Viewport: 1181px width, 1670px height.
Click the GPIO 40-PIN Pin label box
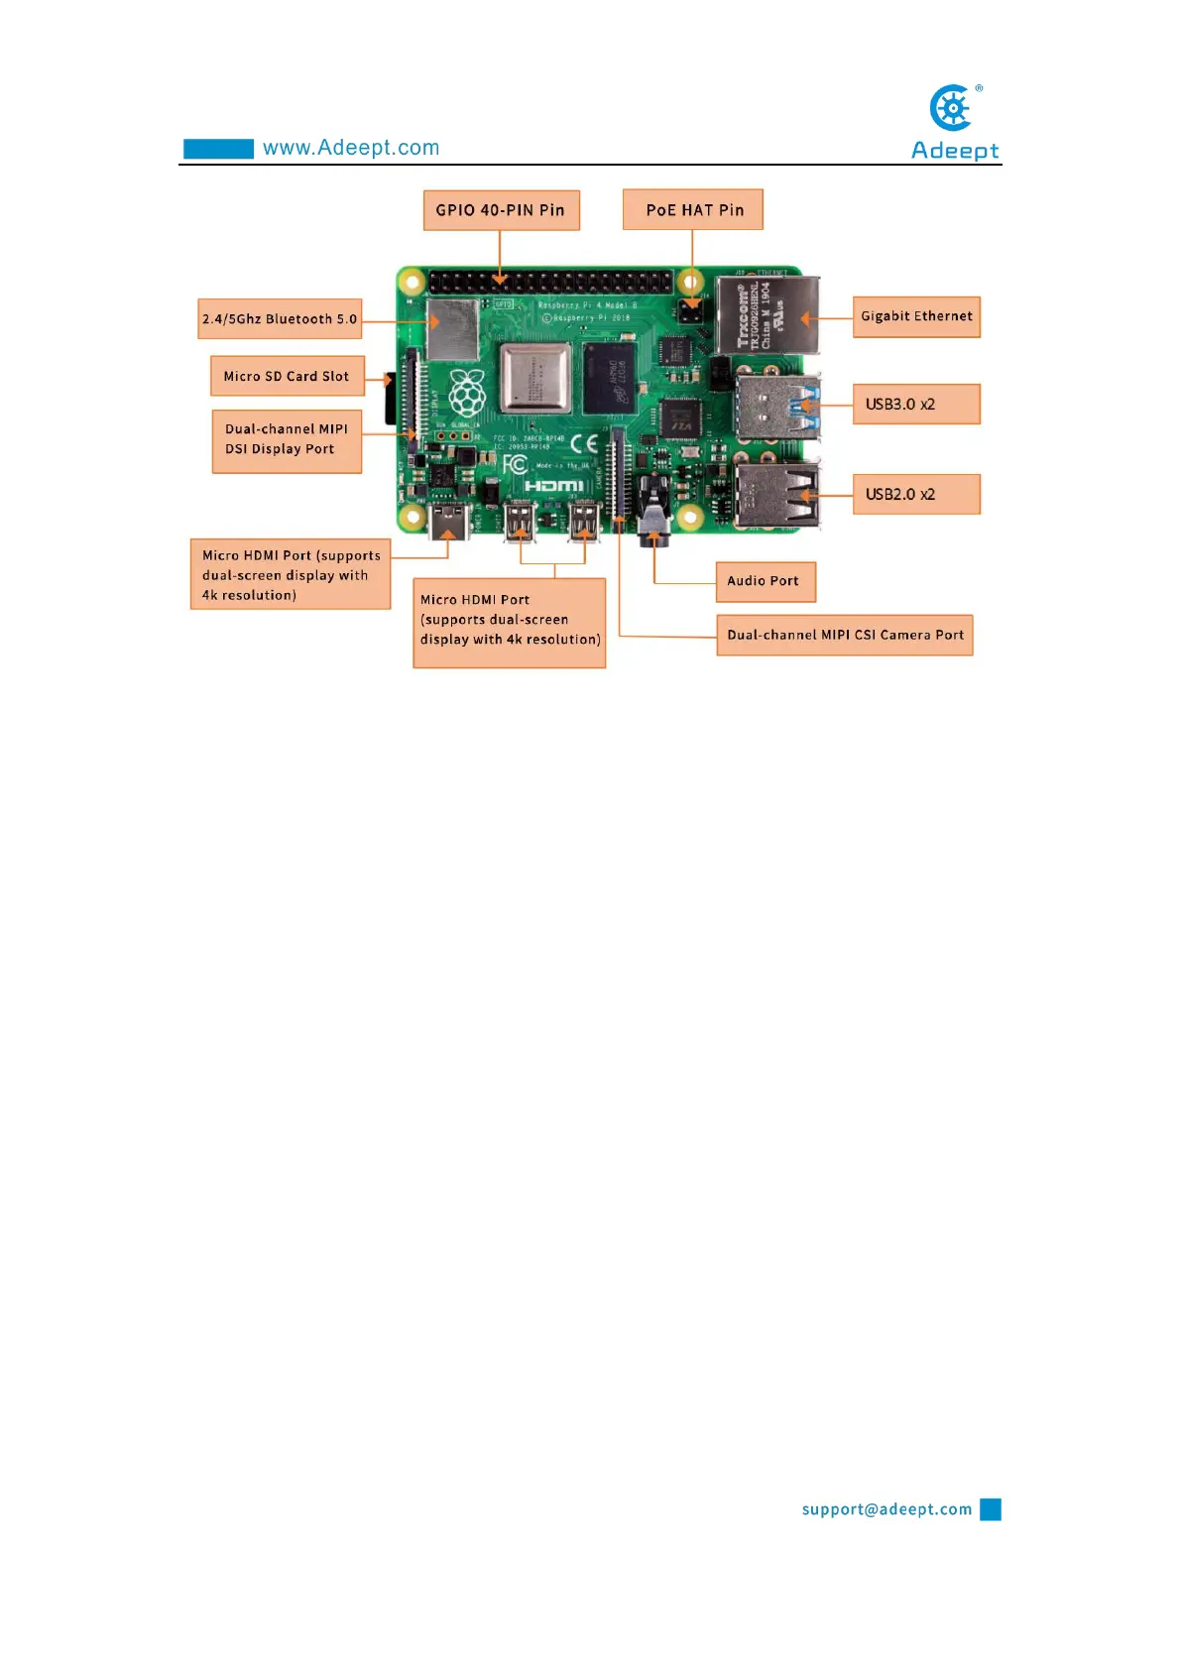501,210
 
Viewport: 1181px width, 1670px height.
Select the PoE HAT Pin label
693,209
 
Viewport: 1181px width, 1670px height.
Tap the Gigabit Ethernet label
916,316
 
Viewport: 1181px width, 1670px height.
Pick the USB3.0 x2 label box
916,404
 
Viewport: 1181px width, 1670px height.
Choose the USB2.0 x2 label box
916,494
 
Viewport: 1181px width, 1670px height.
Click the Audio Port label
766,581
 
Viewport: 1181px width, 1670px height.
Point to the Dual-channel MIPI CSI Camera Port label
845,635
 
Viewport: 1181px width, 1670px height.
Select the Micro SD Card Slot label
287,376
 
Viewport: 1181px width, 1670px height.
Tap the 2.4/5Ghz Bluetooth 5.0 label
280,319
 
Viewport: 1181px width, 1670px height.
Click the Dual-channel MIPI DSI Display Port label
287,440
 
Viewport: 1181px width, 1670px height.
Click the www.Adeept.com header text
351,148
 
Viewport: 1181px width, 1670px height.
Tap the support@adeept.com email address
886,1509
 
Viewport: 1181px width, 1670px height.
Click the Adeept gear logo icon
953,107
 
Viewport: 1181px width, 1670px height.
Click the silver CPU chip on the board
535,378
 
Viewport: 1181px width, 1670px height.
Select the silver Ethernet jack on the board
768,315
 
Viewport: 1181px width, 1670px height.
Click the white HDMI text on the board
553,485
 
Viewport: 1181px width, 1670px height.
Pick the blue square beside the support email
991,1509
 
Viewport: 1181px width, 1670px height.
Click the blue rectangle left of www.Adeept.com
218,149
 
